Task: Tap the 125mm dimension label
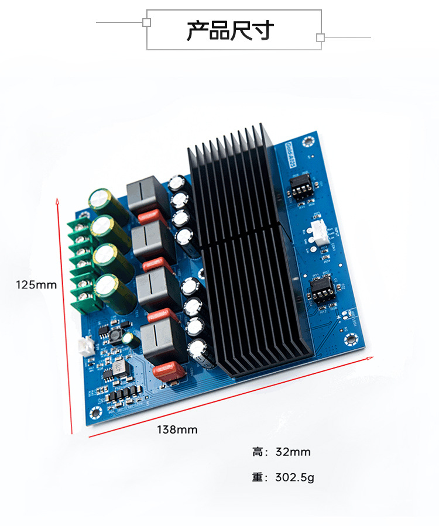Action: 36,285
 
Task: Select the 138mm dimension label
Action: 177,429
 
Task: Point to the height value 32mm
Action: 293,452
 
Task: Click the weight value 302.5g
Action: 294,477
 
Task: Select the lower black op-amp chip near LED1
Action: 321,289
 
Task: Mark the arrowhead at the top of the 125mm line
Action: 57,201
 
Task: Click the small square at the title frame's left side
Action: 147,22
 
